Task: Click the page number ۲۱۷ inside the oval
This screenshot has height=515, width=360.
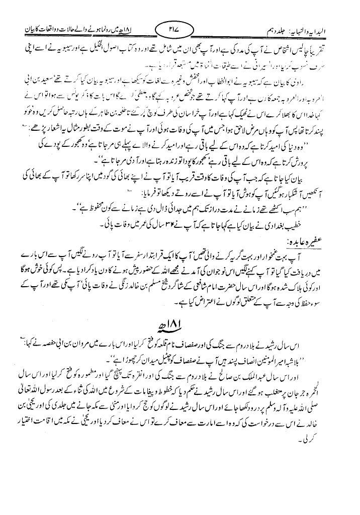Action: (172, 30)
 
